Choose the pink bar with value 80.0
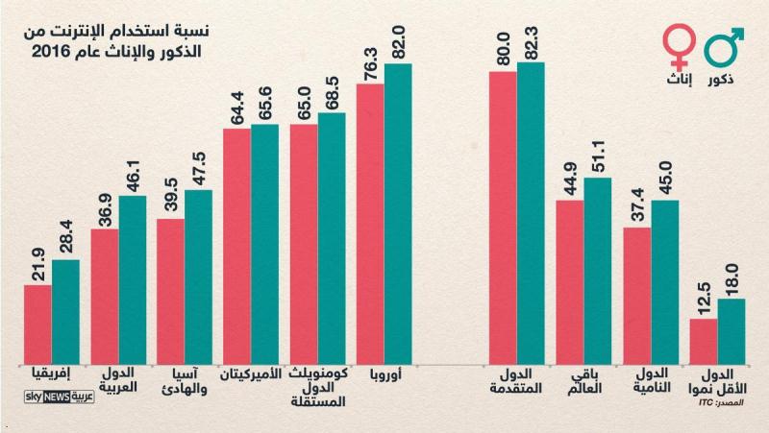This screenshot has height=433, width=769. tap(503, 217)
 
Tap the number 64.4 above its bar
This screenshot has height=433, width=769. tap(237, 106)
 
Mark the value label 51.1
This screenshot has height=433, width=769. tap(598, 156)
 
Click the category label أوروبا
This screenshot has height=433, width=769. tap(384, 374)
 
